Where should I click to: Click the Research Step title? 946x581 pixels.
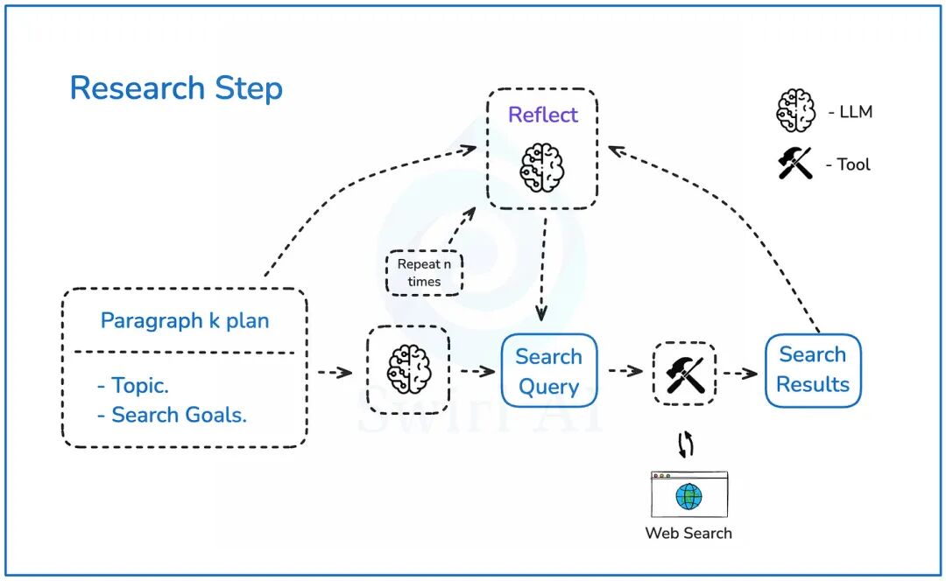click(176, 88)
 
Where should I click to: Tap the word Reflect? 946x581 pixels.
click(543, 115)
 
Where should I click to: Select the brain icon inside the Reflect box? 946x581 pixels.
click(542, 166)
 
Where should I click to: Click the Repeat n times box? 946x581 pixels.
click(425, 273)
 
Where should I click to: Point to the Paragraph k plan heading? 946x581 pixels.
click(185, 320)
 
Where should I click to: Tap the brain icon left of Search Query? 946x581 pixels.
click(408, 369)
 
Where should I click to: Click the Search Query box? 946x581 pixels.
click(548, 371)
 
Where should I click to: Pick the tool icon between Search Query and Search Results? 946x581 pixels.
click(685, 373)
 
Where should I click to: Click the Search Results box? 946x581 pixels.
click(813, 369)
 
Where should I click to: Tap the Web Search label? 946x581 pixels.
click(688, 533)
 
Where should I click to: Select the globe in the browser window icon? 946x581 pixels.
click(688, 497)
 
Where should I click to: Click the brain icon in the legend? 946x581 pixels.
click(796, 111)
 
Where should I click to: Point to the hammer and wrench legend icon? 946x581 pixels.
click(795, 164)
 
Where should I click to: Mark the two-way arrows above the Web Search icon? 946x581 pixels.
click(687, 444)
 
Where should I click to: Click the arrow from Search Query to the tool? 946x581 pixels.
click(625, 371)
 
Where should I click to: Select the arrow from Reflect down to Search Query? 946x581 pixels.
click(543, 267)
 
